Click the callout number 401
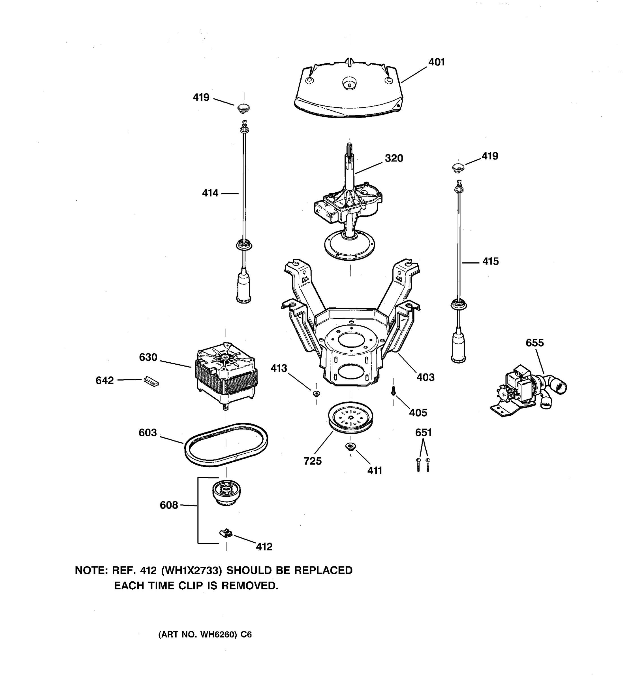(x=436, y=62)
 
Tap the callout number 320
(x=394, y=158)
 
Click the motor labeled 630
(x=226, y=373)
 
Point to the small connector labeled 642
(x=151, y=381)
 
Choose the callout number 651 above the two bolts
(x=423, y=433)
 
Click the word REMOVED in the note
(x=249, y=586)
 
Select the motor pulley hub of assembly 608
(x=226, y=492)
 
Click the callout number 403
(x=425, y=377)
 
